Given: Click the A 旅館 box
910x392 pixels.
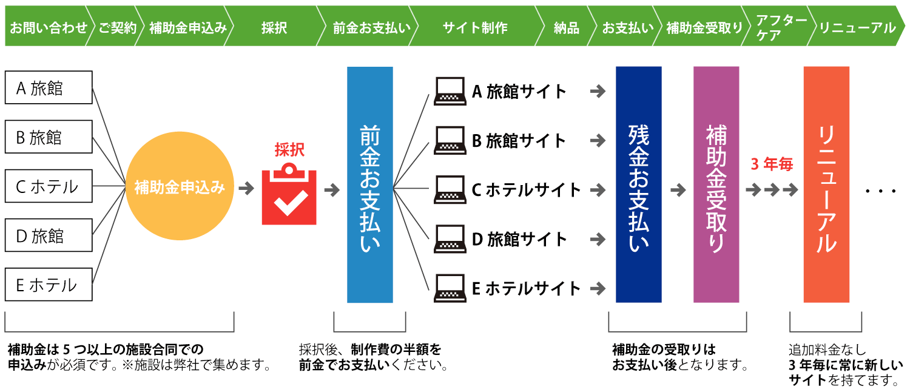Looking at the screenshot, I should (49, 87).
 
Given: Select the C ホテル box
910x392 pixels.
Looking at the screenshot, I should (49, 186).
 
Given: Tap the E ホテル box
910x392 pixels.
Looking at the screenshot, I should (49, 284).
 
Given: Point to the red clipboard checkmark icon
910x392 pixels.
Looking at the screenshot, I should (289, 195).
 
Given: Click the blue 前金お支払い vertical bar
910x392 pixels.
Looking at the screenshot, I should (370, 184).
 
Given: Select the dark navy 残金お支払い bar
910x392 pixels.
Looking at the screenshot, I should (638, 184).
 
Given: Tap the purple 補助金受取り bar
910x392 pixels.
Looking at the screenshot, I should (716, 184).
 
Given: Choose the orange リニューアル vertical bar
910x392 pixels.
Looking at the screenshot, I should (826, 184).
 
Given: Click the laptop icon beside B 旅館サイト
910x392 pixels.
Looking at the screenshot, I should (450, 141).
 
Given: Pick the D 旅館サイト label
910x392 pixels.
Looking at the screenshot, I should (519, 239).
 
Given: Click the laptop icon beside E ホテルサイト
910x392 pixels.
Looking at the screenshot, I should (450, 288).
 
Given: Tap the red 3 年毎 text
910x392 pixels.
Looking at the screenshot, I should (772, 164).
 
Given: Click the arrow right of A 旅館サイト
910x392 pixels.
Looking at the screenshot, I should (598, 92).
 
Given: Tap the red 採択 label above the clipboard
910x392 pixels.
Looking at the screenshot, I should (289, 150).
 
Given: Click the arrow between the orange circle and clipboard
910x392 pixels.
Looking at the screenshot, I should (246, 189).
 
